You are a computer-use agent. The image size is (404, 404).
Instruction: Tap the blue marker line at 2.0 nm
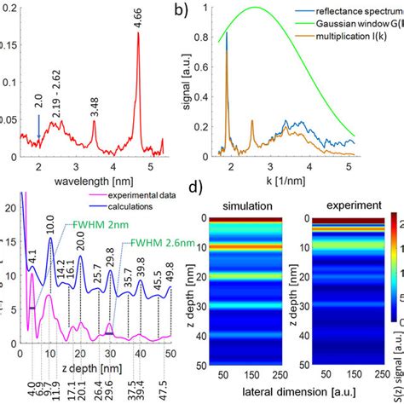click(x=38, y=126)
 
